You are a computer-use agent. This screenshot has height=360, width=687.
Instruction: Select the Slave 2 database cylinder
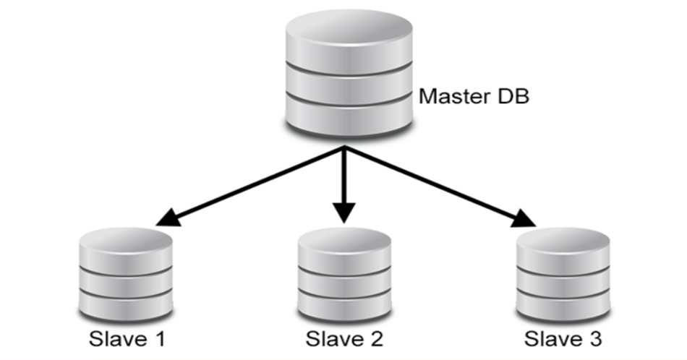344,275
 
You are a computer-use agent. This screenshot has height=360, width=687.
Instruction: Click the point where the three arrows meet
344,148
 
